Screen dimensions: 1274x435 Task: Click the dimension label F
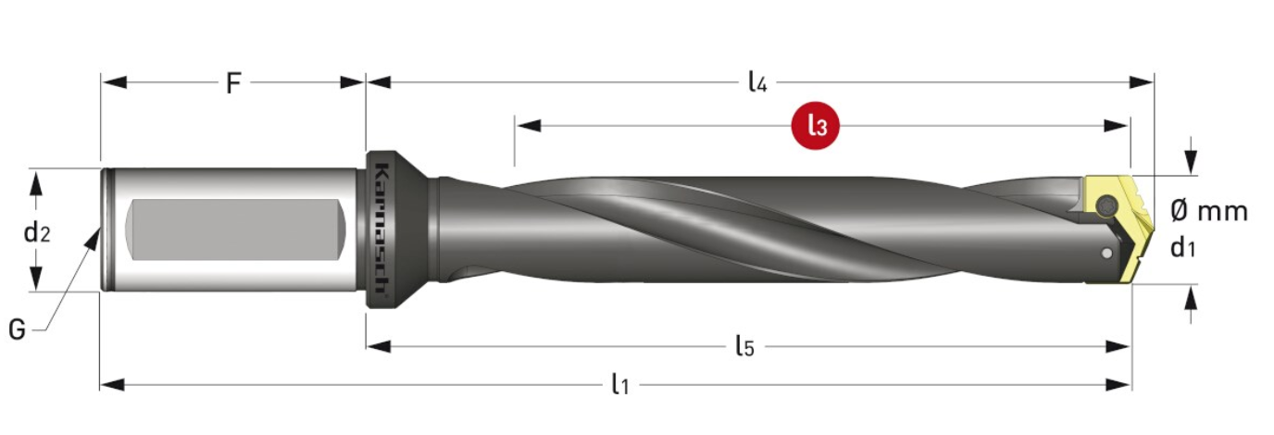[x=233, y=83]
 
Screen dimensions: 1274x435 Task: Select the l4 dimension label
[x=757, y=82]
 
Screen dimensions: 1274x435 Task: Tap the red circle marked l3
[x=816, y=126]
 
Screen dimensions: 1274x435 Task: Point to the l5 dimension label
[x=744, y=346]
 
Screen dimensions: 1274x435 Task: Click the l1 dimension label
[x=620, y=384]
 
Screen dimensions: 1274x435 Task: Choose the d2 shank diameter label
[x=37, y=232]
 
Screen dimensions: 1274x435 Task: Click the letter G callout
[x=17, y=329]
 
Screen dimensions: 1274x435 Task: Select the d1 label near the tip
[x=1182, y=247]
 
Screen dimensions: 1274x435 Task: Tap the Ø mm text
[x=1209, y=211]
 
